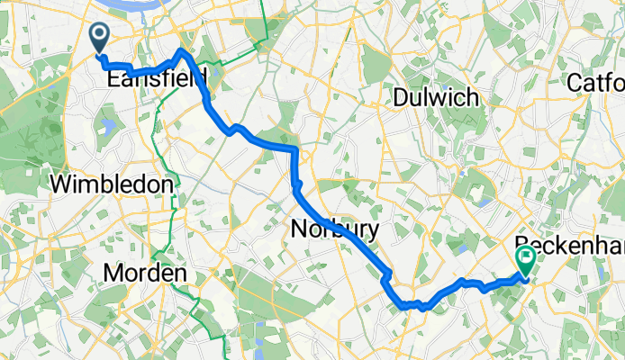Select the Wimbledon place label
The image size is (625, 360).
point(112,184)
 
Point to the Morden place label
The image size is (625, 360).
point(145,272)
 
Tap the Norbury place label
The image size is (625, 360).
point(335,230)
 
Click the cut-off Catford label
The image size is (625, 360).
point(595,83)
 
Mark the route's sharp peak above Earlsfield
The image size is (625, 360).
point(182,51)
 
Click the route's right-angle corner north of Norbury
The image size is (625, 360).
point(294,148)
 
